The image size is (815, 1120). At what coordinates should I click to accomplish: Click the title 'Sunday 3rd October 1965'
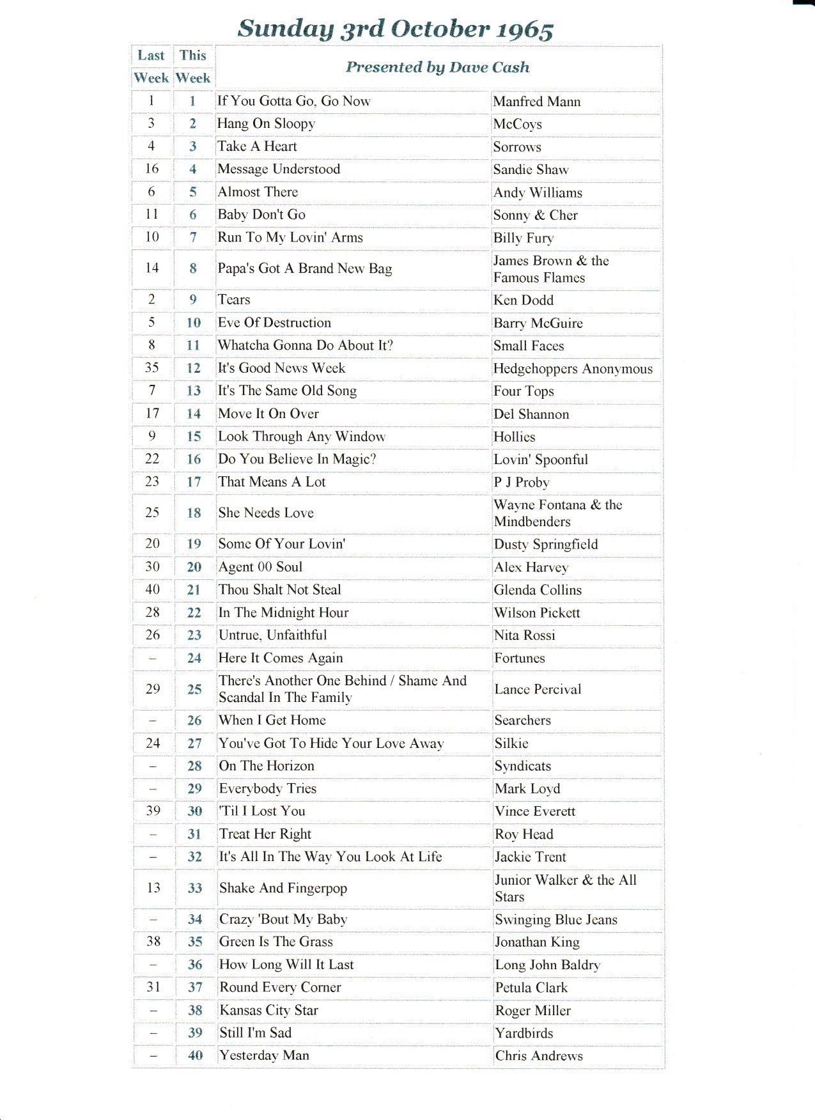tap(395, 29)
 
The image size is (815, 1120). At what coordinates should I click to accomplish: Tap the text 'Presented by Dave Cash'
tap(438, 67)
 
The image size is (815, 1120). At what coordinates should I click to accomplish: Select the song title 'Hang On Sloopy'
tap(266, 123)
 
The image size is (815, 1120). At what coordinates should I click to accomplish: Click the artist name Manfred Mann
tap(537, 102)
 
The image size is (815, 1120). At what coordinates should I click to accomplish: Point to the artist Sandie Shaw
tap(531, 169)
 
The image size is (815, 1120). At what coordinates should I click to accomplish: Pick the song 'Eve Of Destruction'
tap(274, 323)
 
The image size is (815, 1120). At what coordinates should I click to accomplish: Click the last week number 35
tap(151, 368)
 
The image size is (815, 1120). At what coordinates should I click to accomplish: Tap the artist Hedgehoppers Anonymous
tap(573, 369)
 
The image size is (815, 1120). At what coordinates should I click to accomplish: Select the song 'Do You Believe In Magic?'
tap(297, 459)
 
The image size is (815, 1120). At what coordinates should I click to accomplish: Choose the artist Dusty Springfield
tap(546, 544)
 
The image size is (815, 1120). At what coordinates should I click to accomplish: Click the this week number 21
tap(194, 590)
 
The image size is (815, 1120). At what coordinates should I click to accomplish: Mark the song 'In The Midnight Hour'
tap(283, 612)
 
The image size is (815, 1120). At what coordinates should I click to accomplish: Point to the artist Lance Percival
tap(538, 689)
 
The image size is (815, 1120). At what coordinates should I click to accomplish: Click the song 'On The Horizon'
tap(267, 766)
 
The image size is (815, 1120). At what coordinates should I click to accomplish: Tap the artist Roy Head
tap(524, 834)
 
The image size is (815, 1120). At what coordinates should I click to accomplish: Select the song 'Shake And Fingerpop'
tap(283, 888)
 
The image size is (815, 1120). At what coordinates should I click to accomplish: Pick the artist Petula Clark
tap(531, 988)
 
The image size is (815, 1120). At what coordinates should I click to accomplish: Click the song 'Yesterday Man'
tap(264, 1055)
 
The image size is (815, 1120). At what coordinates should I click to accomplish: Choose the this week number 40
tap(195, 1056)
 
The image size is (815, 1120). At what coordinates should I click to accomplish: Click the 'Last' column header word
tap(151, 56)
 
